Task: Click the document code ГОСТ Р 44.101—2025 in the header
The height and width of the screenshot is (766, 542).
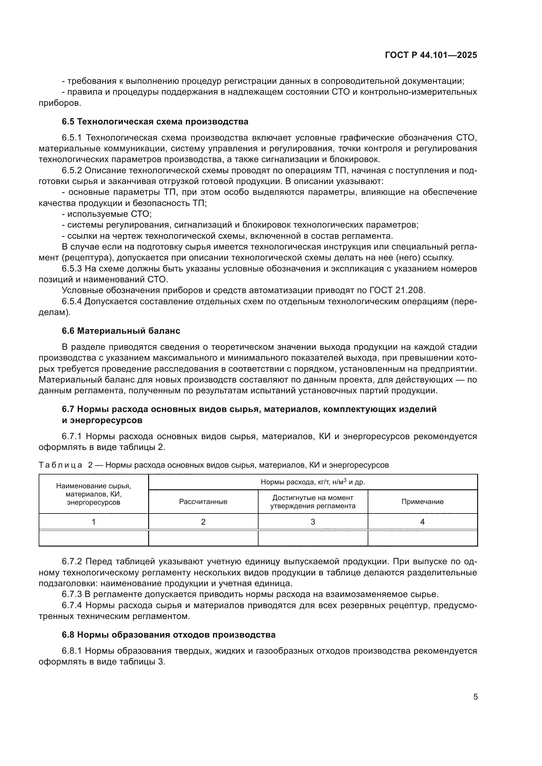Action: [431, 55]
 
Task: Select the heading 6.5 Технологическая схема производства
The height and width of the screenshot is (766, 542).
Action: [155, 121]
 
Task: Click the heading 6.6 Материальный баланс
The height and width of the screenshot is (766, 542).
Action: [121, 331]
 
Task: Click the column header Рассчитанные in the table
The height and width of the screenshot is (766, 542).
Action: [203, 501]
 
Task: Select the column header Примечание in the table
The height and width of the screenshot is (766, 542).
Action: [422, 501]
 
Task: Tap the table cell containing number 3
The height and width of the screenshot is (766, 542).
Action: [313, 522]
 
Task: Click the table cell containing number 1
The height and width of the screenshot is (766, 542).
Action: [93, 522]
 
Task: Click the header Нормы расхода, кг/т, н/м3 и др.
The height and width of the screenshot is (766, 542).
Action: [313, 482]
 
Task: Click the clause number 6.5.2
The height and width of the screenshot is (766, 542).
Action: [72, 171]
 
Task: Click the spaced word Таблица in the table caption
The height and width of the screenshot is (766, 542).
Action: [60, 465]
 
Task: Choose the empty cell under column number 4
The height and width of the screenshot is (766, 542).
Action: [422, 538]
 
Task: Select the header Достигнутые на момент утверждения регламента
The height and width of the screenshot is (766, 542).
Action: [313, 501]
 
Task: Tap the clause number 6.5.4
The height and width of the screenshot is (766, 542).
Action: [72, 301]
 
